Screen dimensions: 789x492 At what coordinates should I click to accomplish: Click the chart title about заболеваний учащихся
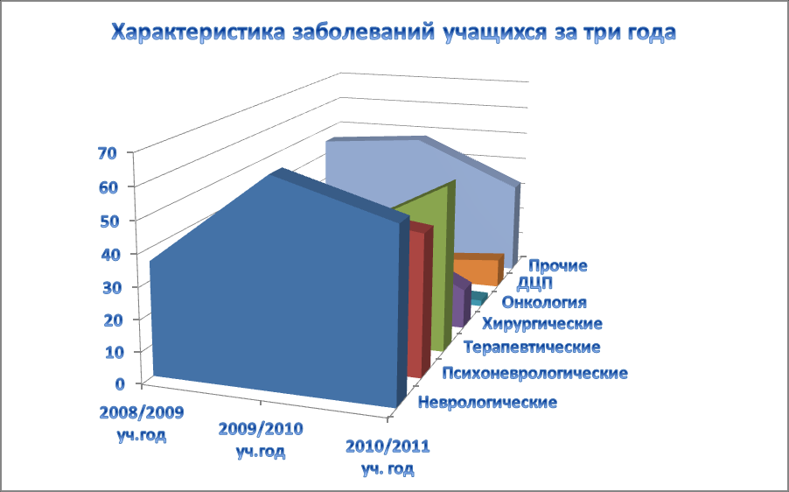click(x=393, y=32)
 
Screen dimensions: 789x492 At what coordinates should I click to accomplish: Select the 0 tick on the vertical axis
click(x=120, y=383)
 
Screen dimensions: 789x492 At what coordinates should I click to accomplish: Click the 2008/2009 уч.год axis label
click(x=142, y=424)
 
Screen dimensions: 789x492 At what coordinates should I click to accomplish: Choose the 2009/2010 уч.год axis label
click(x=261, y=440)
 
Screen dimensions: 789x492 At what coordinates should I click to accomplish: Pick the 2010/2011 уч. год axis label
click(x=388, y=457)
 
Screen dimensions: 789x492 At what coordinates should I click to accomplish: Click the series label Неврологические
click(x=487, y=403)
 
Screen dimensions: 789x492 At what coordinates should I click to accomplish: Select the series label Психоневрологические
click(x=534, y=373)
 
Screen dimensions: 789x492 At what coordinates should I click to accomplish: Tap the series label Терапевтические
click(x=532, y=347)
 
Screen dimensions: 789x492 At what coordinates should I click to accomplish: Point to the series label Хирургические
click(x=542, y=323)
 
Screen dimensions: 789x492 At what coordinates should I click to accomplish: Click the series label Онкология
click(x=544, y=302)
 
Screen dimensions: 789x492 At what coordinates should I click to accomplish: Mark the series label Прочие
click(x=558, y=265)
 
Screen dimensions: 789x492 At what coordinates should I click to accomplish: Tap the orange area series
click(x=480, y=271)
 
